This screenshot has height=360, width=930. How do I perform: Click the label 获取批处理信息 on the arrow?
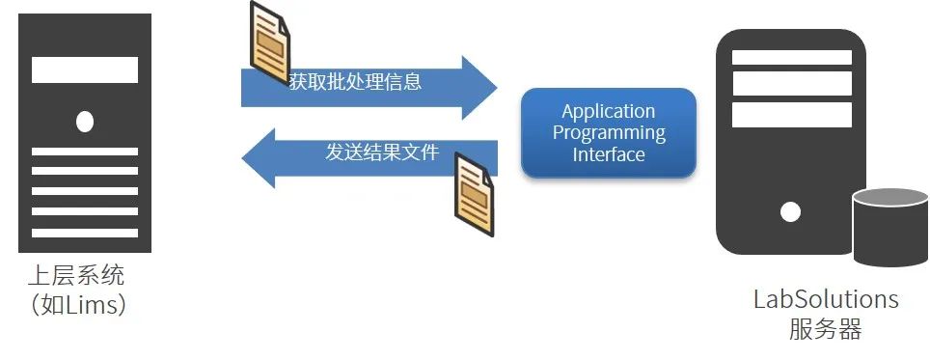tap(355, 81)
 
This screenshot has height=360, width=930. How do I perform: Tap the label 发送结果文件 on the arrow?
tap(382, 152)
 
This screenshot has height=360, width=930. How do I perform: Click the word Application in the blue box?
tap(609, 112)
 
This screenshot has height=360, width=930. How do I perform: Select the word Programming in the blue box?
tap(609, 133)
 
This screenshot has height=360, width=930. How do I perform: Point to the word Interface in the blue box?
tap(609, 154)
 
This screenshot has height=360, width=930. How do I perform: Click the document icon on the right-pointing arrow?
tap(270, 42)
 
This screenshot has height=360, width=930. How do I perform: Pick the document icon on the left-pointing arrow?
tap(474, 195)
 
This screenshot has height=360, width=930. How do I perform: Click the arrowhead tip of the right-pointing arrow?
tap(497, 88)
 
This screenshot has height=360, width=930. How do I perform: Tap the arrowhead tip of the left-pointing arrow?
tap(242, 158)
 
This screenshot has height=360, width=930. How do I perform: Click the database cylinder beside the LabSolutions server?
tap(890, 227)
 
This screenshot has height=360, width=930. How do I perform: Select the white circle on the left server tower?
tap(85, 122)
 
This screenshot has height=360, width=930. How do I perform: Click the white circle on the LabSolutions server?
tap(790, 211)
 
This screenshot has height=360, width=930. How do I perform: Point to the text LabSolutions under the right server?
tap(826, 299)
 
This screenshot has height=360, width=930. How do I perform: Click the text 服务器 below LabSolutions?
tap(826, 329)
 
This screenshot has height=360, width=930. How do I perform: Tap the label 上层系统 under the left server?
tap(76, 276)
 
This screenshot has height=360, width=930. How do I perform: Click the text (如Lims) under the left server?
tap(78, 305)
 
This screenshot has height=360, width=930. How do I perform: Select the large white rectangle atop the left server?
tap(85, 70)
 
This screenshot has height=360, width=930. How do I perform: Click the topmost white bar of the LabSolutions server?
tap(792, 58)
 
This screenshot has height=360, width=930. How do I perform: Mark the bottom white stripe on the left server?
tap(85, 233)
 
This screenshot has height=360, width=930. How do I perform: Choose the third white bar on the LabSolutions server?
tap(792, 115)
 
